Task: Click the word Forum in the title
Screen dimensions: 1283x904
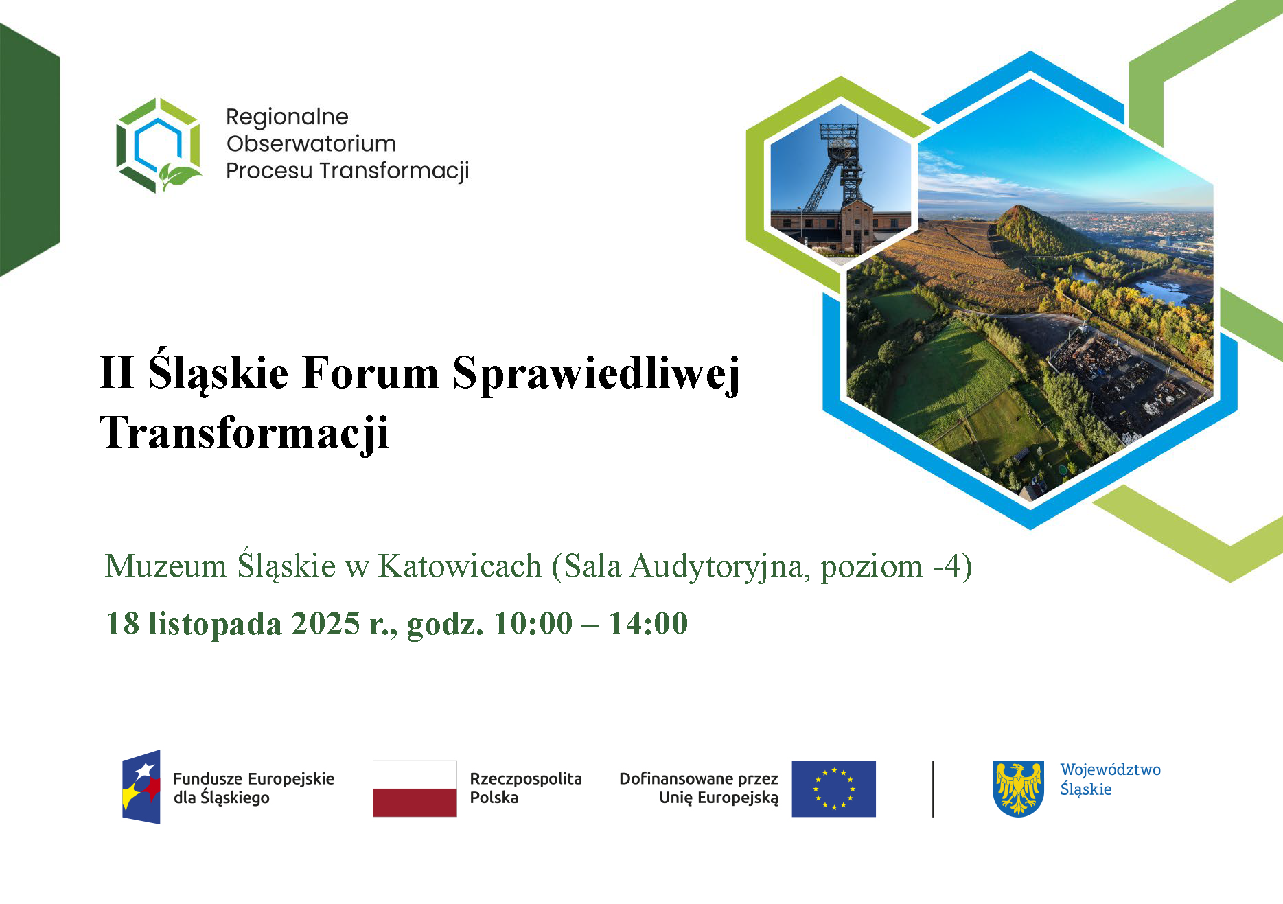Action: point(370,373)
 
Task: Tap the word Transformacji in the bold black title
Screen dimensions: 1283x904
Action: point(244,433)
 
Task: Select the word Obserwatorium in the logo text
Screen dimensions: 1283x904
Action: point(312,143)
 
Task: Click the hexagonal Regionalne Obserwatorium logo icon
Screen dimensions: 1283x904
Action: point(159,145)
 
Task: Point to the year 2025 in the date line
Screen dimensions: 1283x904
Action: point(326,623)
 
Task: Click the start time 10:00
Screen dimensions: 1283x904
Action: point(533,623)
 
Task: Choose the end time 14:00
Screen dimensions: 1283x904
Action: point(648,623)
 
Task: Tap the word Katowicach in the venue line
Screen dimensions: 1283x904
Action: point(460,566)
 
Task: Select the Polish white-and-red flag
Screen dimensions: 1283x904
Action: point(415,789)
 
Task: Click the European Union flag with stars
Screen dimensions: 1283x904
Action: point(833,789)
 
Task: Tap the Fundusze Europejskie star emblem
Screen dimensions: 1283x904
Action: point(141,787)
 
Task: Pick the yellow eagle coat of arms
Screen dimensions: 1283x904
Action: point(1019,789)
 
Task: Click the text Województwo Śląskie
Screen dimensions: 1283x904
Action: point(1110,779)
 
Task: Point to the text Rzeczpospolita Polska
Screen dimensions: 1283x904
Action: point(526,788)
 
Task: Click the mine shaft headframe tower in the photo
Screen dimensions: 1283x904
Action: point(839,168)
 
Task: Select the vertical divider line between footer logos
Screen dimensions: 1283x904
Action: point(933,789)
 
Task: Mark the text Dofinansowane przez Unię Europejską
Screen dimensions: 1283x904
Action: point(699,788)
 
